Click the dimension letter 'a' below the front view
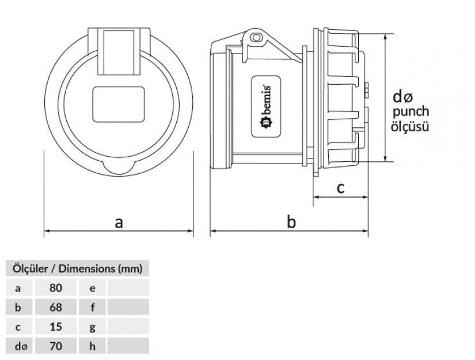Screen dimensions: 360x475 [119, 222]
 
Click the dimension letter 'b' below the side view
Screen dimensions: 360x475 [291, 222]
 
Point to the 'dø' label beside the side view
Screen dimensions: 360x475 [403, 96]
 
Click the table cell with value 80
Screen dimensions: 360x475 [56, 287]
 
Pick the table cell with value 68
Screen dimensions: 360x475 [56, 307]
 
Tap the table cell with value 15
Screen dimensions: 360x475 [56, 327]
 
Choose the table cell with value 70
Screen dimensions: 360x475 [56, 346]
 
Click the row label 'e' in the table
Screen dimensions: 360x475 [92, 287]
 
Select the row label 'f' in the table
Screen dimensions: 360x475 [92, 307]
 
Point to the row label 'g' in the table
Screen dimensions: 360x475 [92, 327]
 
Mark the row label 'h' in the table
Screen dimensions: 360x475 [92, 346]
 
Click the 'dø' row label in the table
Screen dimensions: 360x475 [20, 346]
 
